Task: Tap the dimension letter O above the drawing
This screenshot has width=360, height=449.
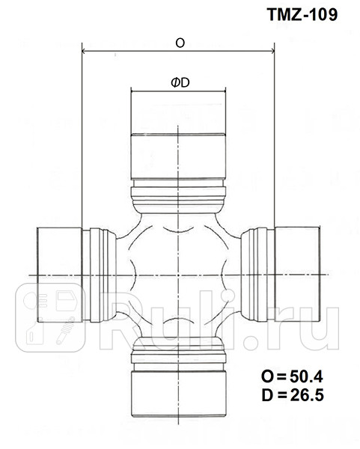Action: (180, 43)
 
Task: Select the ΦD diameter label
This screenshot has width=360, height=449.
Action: (179, 83)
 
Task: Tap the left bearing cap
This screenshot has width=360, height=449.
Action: (59, 275)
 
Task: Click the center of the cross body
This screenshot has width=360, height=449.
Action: (179, 275)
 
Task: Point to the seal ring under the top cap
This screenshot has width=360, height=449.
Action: (179, 197)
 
